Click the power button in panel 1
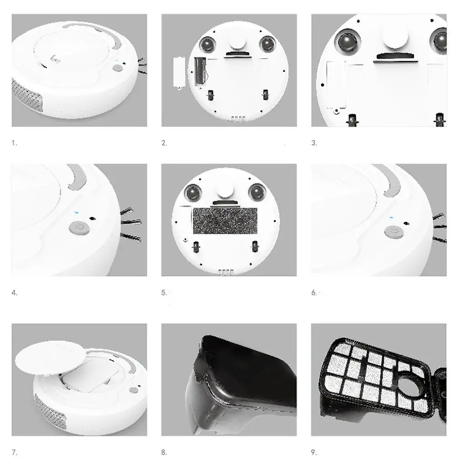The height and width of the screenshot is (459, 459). pyautogui.click(x=117, y=68)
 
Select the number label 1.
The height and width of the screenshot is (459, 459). pyautogui.click(x=14, y=143)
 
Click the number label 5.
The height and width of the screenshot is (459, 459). pyautogui.click(x=164, y=293)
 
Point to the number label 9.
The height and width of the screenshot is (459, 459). pyautogui.click(x=314, y=452)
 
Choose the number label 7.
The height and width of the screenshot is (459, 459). pyautogui.click(x=14, y=452)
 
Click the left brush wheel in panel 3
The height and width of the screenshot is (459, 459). pyautogui.click(x=346, y=41)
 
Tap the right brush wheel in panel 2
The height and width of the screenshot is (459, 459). pyautogui.click(x=268, y=44)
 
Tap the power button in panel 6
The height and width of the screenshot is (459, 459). pyautogui.click(x=393, y=232)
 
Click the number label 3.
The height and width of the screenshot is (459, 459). pyautogui.click(x=314, y=143)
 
